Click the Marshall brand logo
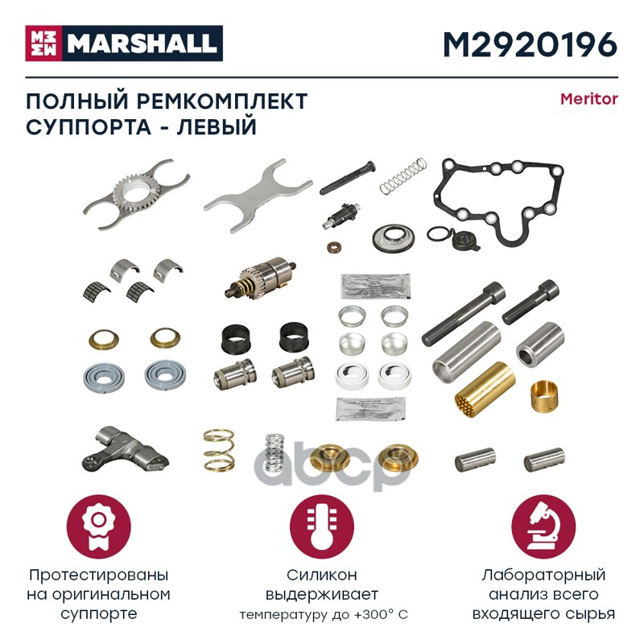(x=124, y=43)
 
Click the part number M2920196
(x=530, y=44)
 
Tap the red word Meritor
(x=589, y=99)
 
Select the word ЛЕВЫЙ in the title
(x=217, y=126)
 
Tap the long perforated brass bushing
(x=485, y=387)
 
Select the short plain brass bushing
(x=544, y=396)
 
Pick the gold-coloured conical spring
(x=218, y=450)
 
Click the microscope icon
(x=543, y=526)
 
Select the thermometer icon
(x=321, y=526)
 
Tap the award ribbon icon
(x=98, y=526)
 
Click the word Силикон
(x=321, y=575)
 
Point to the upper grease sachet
(x=375, y=286)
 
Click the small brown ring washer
(x=335, y=248)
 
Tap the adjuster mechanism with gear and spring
(x=260, y=278)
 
